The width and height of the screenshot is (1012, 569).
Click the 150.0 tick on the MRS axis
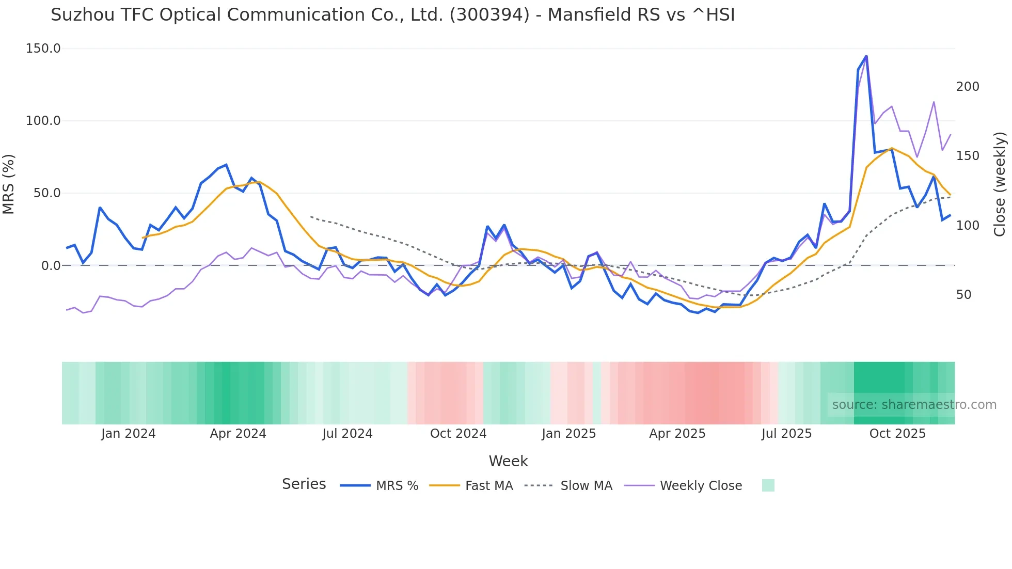[43, 49]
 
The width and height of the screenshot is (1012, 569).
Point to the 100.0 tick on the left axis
[43, 121]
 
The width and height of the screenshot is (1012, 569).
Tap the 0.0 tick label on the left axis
[51, 265]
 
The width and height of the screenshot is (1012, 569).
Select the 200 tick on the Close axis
[967, 87]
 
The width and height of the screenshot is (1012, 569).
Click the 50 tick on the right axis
[963, 295]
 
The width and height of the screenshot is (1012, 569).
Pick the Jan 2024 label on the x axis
[128, 434]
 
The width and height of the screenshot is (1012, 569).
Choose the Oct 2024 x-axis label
[458, 434]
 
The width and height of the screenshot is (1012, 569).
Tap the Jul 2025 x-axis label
[786, 434]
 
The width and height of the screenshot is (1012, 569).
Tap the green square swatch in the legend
[768, 485]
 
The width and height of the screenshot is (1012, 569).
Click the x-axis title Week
[508, 461]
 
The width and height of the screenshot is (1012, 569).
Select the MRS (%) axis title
[9, 184]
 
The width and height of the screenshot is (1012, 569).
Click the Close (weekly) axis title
[1000, 184]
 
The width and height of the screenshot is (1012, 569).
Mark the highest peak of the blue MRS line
[866, 56]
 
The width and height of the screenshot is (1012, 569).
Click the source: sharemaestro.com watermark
[914, 405]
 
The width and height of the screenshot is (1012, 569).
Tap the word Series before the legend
[304, 484]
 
